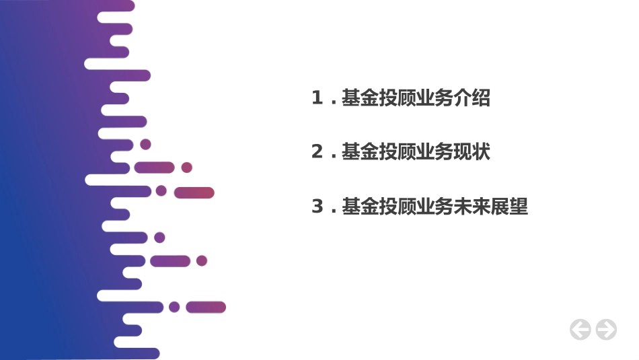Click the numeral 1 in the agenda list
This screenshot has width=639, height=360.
coord(317,98)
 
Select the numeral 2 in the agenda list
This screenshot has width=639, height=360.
coord(317,152)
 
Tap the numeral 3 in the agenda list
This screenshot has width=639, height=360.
coord(317,207)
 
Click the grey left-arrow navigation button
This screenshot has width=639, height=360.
coord(580,329)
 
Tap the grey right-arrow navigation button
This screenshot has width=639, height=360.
coord(606,329)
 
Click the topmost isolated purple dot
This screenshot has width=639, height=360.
coord(145,144)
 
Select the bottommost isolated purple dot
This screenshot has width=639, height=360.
coord(174,307)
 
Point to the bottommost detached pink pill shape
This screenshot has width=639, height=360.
coord(205,307)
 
